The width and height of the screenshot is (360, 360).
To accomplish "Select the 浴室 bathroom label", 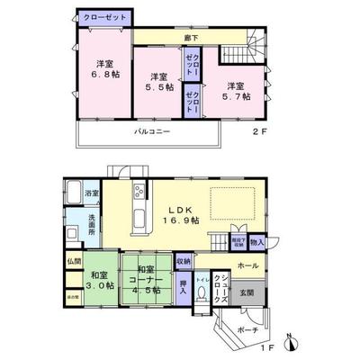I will tap(91, 193).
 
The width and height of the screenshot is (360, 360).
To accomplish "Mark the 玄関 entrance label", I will tap(246, 292).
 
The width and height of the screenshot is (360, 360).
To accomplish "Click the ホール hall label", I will tap(247, 266).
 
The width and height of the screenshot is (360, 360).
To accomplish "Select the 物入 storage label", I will tap(257, 241).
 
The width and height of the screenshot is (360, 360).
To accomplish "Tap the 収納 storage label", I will tap(184, 261).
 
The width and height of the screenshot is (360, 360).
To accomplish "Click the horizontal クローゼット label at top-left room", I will tap(104, 17).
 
